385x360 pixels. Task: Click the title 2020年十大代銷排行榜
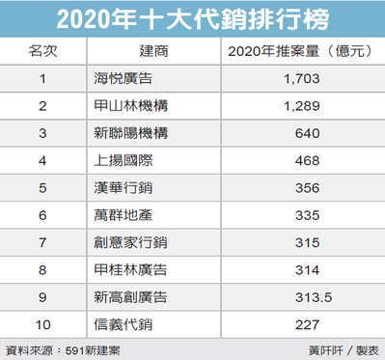pyautogui.click(x=193, y=19)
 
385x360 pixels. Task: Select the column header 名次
pyautogui.click(x=42, y=51)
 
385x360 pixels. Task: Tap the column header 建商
pyautogui.click(x=153, y=51)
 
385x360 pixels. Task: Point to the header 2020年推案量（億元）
pyautogui.click(x=300, y=51)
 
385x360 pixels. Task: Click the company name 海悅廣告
pyautogui.click(x=124, y=78)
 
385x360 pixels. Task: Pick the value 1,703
pyautogui.click(x=302, y=79)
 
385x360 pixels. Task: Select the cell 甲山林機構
pyautogui.click(x=130, y=106)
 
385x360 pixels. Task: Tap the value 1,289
pyautogui.click(x=302, y=106)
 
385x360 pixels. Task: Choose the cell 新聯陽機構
pyautogui.click(x=130, y=133)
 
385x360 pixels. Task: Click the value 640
pyautogui.click(x=308, y=133)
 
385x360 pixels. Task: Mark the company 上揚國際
pyautogui.click(x=124, y=160)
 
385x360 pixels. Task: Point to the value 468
pyautogui.click(x=308, y=160)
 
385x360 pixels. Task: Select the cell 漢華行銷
pyautogui.click(x=124, y=188)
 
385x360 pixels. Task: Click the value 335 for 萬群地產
pyautogui.click(x=308, y=215)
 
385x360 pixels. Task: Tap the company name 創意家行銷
pyautogui.click(x=130, y=242)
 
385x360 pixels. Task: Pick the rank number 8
pyautogui.click(x=42, y=270)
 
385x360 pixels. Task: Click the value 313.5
pyautogui.click(x=314, y=297)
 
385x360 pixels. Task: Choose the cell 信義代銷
pyautogui.click(x=124, y=324)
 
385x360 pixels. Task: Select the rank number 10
pyautogui.click(x=42, y=324)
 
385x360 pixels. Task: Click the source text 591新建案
pyautogui.click(x=93, y=350)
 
